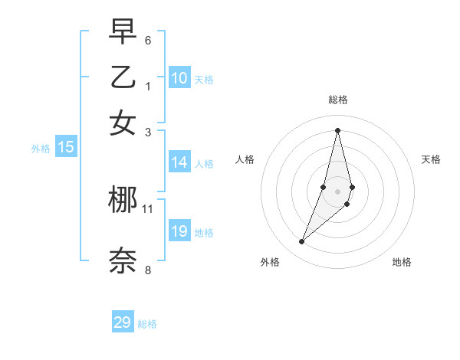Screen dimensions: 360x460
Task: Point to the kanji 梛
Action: coord(123,201)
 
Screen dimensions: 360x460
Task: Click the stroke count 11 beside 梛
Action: coord(148,208)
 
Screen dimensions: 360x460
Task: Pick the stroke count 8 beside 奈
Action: coord(148,270)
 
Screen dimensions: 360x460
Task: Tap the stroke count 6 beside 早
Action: coord(148,40)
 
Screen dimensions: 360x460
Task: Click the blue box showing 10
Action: coord(179,78)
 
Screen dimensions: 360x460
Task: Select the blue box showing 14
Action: coord(179,162)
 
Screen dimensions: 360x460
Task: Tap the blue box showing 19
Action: coord(179,231)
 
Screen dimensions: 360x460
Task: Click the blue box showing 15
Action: coord(66,148)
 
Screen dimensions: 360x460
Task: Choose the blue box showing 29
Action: coord(123,322)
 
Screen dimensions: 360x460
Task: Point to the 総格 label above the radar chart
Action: coord(337,100)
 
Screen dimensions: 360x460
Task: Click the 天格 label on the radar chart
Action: coord(431,159)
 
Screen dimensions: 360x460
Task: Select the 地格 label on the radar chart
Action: coord(402,262)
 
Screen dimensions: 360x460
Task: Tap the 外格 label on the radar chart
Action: coord(270,262)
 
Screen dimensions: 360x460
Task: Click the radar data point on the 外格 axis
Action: coord(302,242)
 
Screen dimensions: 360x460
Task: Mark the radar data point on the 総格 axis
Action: coord(337,130)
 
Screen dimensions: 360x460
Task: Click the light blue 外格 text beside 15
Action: coord(40,149)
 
